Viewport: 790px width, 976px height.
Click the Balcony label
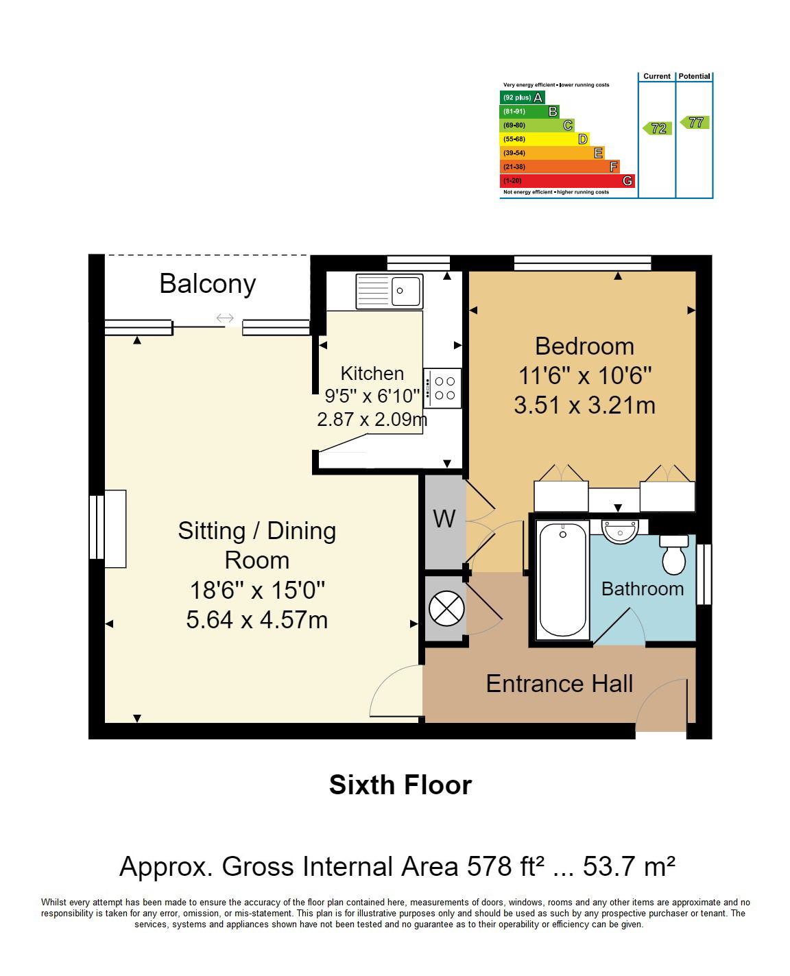point(207,284)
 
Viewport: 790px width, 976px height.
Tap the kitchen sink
point(390,291)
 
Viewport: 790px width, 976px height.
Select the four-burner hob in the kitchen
point(442,388)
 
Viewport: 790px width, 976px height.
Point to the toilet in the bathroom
point(673,554)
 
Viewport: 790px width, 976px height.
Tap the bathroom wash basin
point(620,531)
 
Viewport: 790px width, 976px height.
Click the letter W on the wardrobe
point(444,519)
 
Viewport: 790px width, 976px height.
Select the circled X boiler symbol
point(446,608)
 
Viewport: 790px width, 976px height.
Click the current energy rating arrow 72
point(657,128)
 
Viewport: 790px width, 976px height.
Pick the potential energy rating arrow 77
point(694,122)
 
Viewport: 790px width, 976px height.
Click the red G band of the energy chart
point(566,180)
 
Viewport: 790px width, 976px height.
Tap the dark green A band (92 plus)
point(522,97)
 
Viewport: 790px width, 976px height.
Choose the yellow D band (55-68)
point(544,139)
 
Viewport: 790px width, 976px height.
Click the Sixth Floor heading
point(400,785)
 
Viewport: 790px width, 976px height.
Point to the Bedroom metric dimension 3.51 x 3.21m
point(584,405)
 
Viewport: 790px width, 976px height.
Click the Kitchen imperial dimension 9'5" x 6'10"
point(372,396)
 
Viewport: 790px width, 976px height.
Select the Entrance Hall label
point(559,684)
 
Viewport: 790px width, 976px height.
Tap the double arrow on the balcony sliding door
point(225,318)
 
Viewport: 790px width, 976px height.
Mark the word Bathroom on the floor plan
point(642,588)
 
